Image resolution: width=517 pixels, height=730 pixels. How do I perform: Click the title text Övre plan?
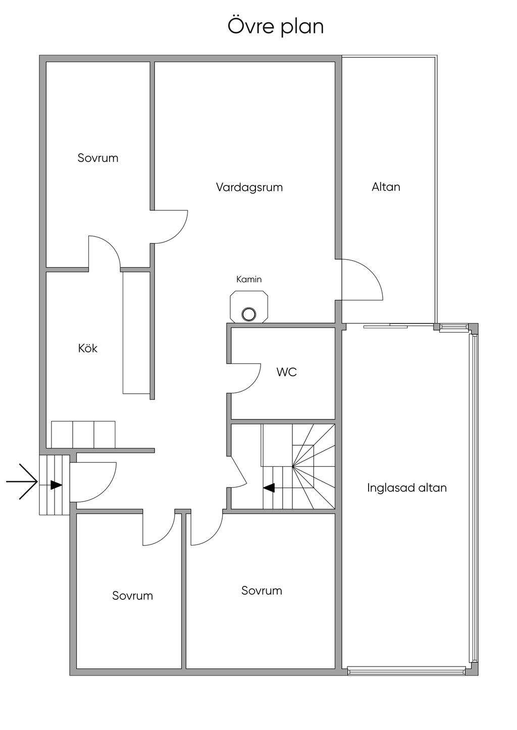(276, 27)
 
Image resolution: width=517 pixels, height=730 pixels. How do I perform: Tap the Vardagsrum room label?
(249, 188)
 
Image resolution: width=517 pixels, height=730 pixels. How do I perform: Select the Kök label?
(88, 348)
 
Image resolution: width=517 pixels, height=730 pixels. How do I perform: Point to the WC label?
(286, 373)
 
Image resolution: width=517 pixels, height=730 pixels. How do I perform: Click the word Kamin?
(249, 279)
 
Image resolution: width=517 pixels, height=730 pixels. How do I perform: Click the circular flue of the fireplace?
(248, 314)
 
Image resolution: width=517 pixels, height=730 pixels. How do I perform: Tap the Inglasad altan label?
(406, 488)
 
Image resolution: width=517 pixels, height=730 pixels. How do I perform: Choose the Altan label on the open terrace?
(386, 187)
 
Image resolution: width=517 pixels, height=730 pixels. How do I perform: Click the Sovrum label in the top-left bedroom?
(98, 158)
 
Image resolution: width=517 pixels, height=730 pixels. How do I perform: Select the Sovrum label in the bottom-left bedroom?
(132, 596)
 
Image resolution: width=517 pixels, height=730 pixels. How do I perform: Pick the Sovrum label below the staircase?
(262, 591)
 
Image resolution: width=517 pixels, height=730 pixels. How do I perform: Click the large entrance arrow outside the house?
(23, 481)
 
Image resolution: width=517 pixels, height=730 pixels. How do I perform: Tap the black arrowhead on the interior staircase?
(269, 488)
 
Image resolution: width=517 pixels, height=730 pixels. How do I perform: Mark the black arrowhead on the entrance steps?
(56, 485)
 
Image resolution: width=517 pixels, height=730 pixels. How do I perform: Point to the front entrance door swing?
(96, 481)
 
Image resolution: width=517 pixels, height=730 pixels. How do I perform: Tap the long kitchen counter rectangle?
(136, 332)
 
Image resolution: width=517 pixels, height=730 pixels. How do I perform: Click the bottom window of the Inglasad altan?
(406, 670)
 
